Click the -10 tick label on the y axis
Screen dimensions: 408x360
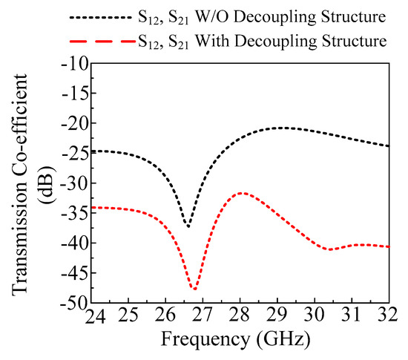point(75,64)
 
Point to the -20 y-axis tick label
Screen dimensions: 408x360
point(75,123)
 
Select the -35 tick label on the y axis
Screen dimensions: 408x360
point(75,213)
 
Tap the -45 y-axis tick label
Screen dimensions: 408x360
point(75,273)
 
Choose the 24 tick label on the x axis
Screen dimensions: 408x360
point(95,315)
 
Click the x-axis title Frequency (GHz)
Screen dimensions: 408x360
point(236,340)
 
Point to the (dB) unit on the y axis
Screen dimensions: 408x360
point(47,185)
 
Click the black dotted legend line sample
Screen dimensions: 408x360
point(101,17)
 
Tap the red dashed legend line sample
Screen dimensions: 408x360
point(102,41)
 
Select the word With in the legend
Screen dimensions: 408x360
point(212,41)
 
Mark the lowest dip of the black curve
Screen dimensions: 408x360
point(188,226)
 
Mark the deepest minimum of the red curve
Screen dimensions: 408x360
point(194,289)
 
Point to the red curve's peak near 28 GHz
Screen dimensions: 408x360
point(243,193)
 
